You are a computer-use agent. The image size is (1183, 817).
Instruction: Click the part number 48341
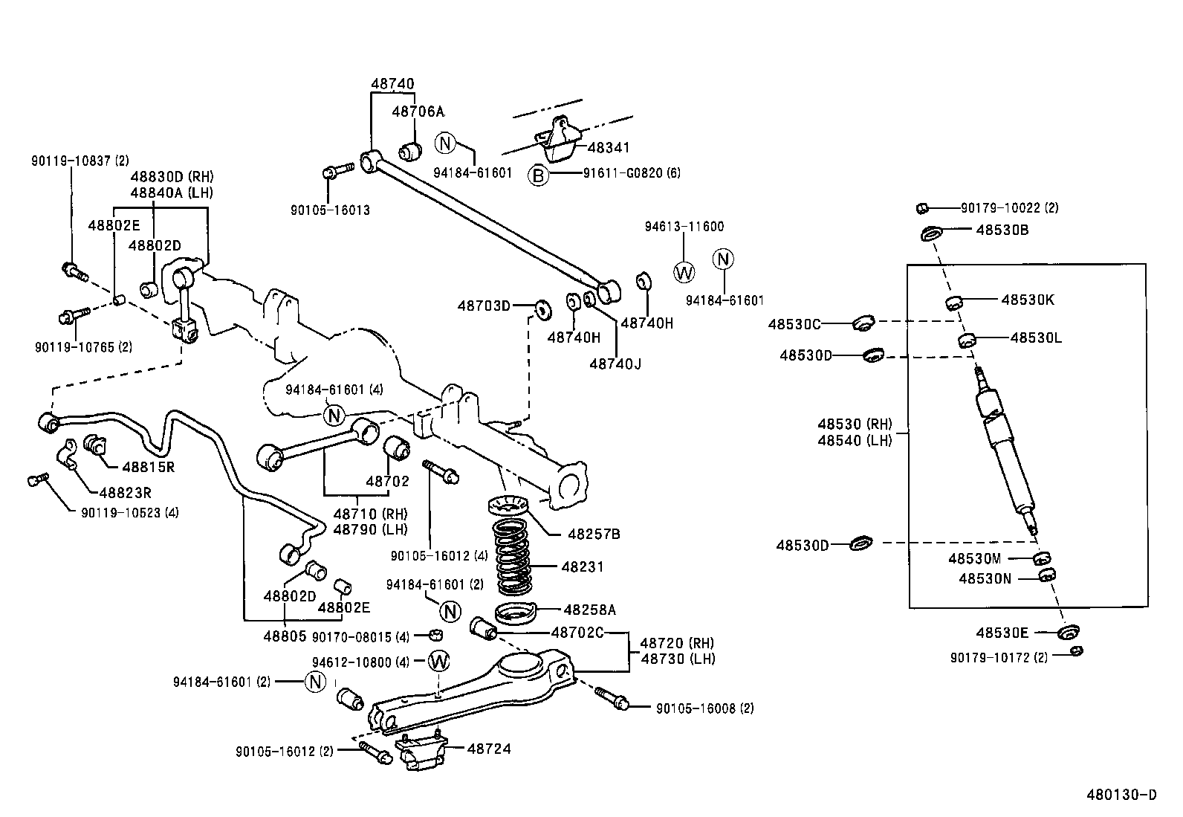[609, 147]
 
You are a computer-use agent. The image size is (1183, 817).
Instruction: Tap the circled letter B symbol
[537, 175]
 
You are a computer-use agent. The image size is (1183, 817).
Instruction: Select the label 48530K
[1027, 300]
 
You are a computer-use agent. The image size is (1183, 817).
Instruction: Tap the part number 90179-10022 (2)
[1009, 209]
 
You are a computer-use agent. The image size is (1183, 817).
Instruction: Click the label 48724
[489, 749]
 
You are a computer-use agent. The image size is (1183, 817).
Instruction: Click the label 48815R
[148, 467]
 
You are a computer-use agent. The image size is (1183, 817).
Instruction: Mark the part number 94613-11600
[684, 227]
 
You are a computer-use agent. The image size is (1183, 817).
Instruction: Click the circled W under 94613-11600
[684, 273]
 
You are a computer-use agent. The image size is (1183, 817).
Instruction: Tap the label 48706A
[417, 112]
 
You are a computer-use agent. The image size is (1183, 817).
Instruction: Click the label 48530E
[1002, 633]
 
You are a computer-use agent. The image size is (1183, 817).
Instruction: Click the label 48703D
[484, 306]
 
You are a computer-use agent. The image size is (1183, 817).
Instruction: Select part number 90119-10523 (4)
[130, 512]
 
